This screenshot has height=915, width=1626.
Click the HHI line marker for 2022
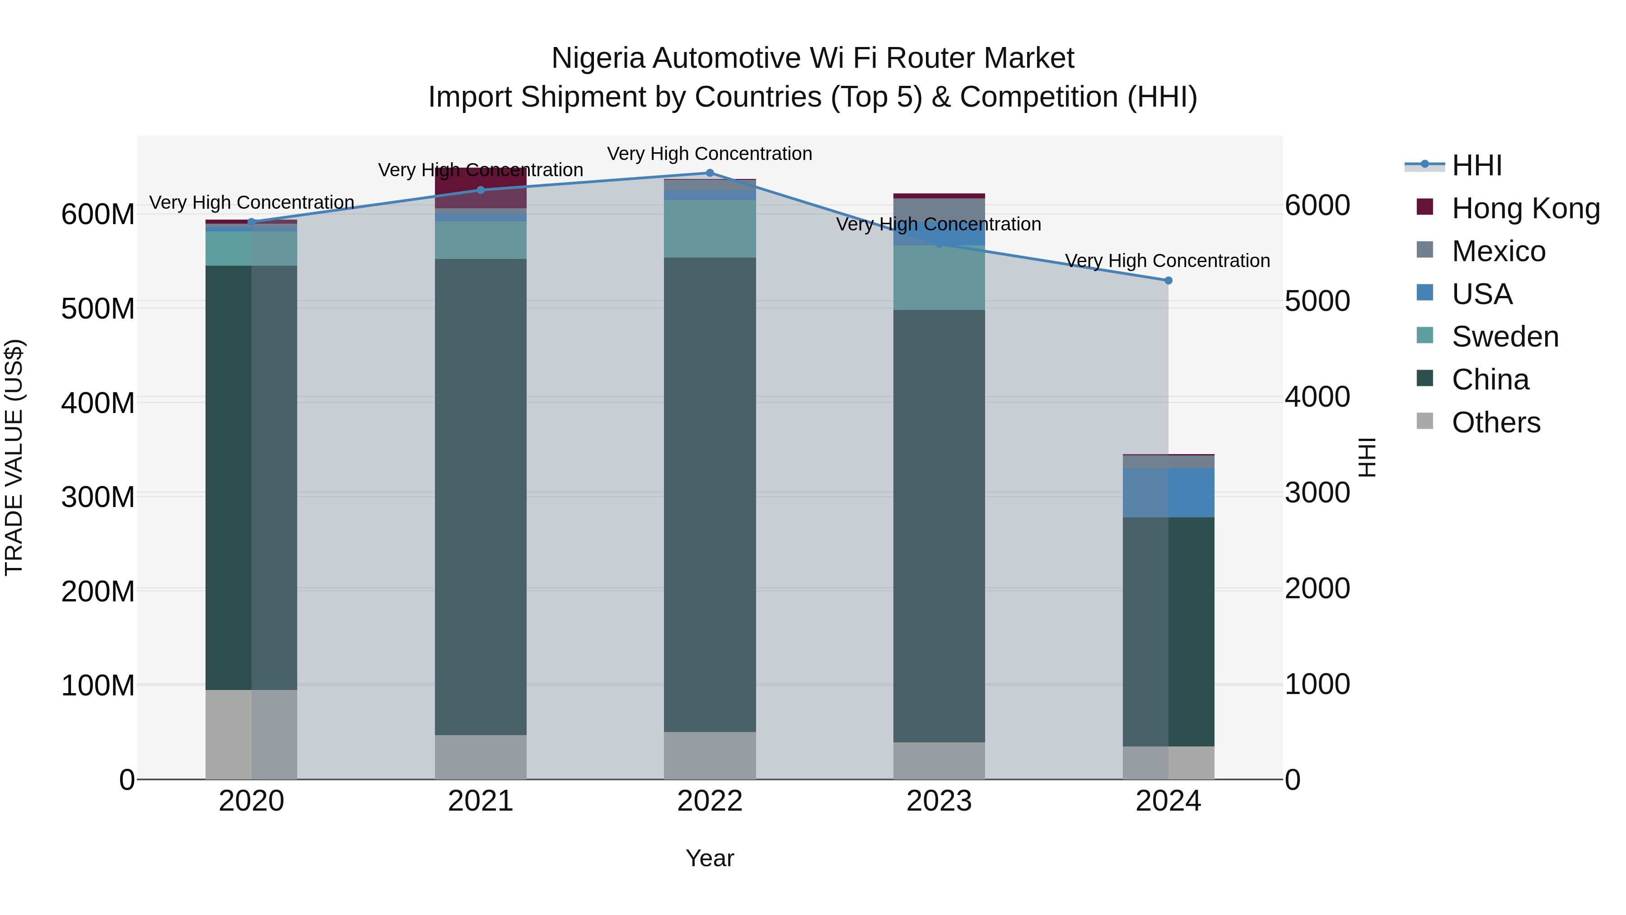[710, 173]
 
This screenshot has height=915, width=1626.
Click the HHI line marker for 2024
[1168, 280]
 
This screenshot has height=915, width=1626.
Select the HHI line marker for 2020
[251, 222]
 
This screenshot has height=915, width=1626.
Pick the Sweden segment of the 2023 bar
[939, 278]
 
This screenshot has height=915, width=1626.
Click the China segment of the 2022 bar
[710, 494]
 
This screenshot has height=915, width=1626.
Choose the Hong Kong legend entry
[1526, 208]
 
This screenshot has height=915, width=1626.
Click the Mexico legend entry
[1499, 251]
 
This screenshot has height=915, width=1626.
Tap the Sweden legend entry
[1505, 337]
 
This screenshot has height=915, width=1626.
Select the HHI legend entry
[1476, 165]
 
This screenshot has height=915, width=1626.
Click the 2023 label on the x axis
[939, 801]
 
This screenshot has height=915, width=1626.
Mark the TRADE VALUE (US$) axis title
[14, 457]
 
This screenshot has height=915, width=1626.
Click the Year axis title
[710, 858]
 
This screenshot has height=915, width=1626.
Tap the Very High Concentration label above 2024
[1167, 260]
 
